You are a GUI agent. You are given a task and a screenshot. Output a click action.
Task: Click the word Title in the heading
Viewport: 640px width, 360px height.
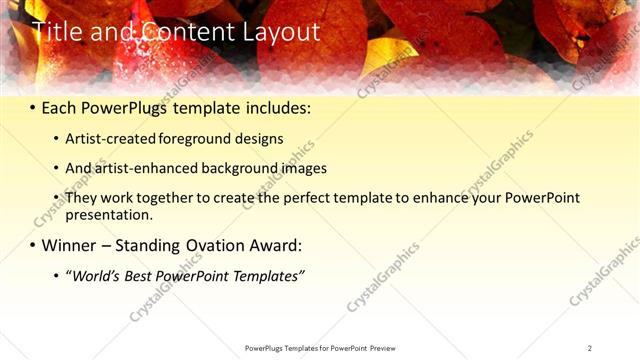tap(56, 32)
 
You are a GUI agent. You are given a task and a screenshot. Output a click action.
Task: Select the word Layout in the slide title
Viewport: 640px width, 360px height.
tap(284, 32)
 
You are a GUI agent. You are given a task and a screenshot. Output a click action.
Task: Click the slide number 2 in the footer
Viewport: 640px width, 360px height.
tap(590, 348)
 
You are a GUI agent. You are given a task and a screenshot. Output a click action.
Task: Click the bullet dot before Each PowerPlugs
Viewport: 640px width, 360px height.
tap(33, 107)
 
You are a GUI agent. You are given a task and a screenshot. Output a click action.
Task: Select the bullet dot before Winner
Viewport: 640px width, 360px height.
tap(33, 245)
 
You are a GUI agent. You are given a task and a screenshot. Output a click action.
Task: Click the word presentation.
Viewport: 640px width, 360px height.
tap(108, 214)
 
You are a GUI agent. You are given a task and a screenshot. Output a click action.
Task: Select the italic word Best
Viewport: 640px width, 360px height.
tap(140, 275)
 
